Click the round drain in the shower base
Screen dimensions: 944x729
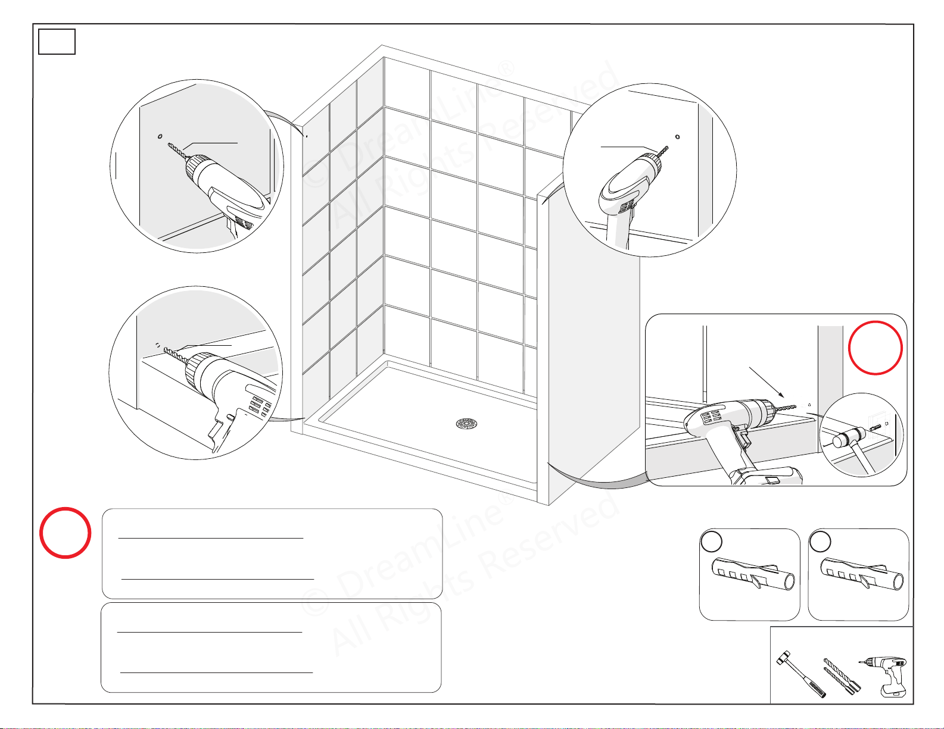click(x=467, y=423)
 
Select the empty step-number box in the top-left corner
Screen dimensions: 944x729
click(x=57, y=42)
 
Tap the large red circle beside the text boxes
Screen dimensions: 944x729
click(x=65, y=533)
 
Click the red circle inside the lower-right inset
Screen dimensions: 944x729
click(x=876, y=348)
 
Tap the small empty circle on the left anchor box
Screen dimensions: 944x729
click(x=712, y=541)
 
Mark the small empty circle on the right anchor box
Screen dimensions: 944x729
click(x=820, y=541)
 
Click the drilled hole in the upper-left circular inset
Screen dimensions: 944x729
click(x=160, y=137)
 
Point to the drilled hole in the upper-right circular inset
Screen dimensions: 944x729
click(x=677, y=137)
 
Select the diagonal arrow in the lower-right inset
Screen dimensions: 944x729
click(x=767, y=383)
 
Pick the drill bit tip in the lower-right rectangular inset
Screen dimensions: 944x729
click(x=796, y=406)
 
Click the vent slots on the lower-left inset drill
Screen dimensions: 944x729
click(x=259, y=406)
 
